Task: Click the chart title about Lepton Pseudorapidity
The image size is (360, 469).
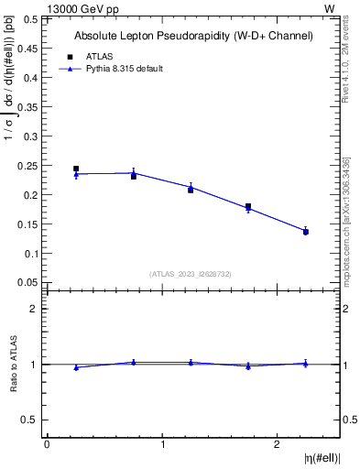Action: pyautogui.click(x=193, y=36)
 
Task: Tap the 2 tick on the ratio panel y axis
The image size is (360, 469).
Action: pyautogui.click(x=33, y=309)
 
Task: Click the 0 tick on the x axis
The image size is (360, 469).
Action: pyautogui.click(x=47, y=445)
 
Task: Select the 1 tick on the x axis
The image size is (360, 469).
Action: pyautogui.click(x=162, y=445)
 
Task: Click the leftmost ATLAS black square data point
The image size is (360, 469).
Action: pyautogui.click(x=76, y=169)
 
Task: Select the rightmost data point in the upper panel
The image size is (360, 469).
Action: pyautogui.click(x=306, y=232)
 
